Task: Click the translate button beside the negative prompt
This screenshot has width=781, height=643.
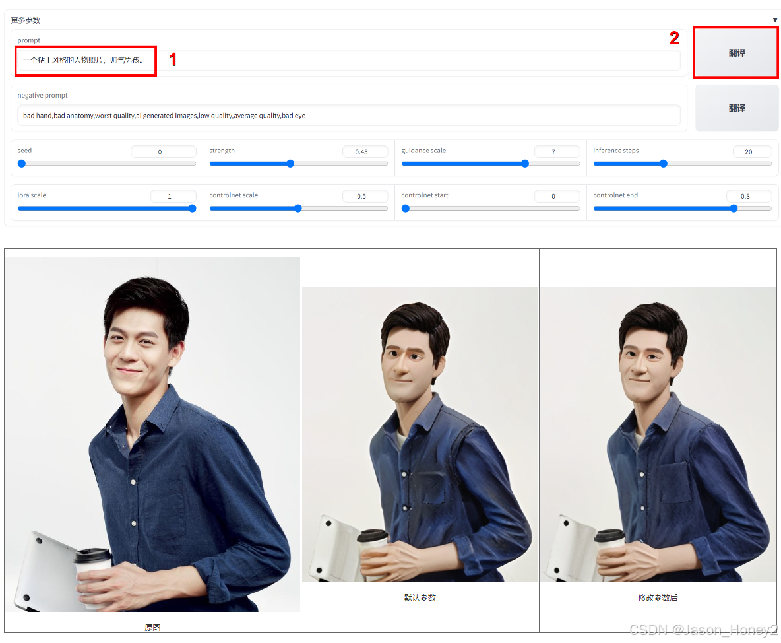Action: click(x=737, y=108)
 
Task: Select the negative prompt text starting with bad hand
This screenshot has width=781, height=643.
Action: click(x=164, y=116)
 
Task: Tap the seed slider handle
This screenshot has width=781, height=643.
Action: click(x=21, y=164)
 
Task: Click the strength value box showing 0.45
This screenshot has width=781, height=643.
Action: click(x=365, y=152)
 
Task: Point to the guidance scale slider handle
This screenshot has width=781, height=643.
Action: click(x=525, y=164)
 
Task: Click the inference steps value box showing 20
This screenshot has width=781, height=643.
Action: click(x=752, y=152)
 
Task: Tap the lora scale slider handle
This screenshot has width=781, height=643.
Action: click(x=192, y=209)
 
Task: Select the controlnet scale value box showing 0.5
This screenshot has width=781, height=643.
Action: click(x=365, y=196)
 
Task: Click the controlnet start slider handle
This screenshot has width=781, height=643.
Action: click(x=406, y=209)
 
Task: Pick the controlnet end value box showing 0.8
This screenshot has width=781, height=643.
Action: click(x=749, y=196)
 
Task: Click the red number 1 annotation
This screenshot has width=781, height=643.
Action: click(x=173, y=60)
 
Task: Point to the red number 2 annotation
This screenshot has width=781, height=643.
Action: click(x=674, y=38)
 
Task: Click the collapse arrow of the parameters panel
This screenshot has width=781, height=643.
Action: click(x=775, y=20)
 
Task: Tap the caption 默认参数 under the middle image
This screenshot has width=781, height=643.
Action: click(x=420, y=597)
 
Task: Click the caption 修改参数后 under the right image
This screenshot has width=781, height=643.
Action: click(x=658, y=597)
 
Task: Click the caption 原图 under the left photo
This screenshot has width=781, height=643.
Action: click(x=152, y=627)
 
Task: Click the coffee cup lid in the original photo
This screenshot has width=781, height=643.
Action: click(x=92, y=555)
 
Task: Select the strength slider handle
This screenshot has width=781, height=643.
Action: click(x=290, y=164)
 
